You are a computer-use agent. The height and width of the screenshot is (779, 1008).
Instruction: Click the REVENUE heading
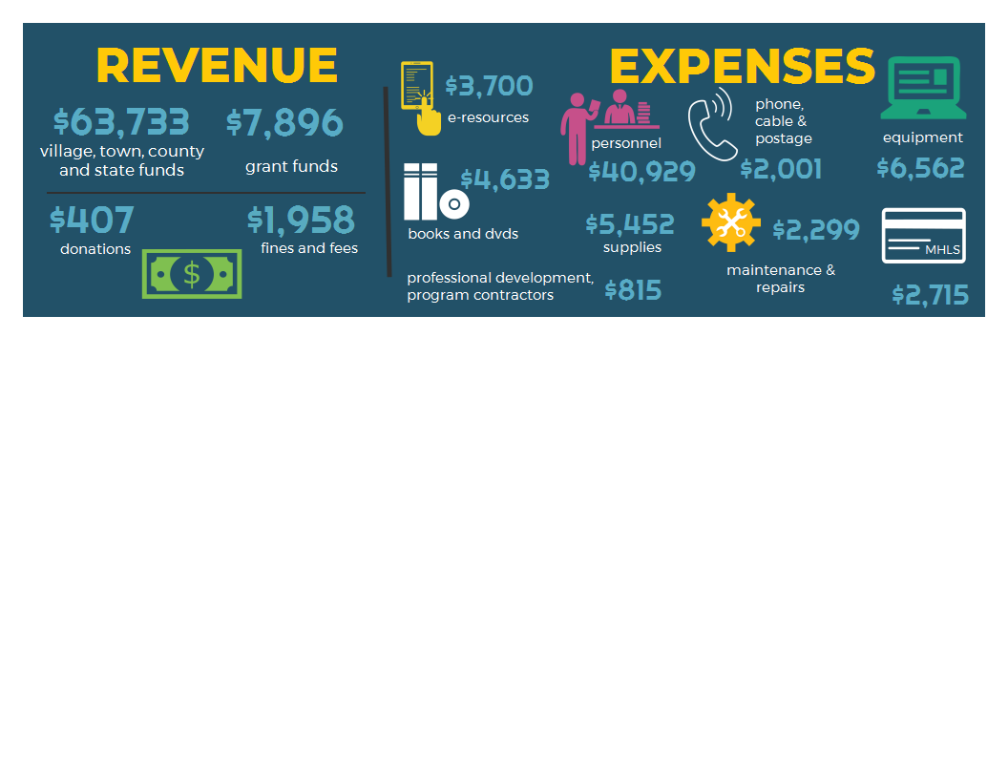[x=217, y=66]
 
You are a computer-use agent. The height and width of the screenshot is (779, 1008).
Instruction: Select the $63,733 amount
[x=121, y=122]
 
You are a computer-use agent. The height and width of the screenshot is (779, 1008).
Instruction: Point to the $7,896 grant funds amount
[x=284, y=123]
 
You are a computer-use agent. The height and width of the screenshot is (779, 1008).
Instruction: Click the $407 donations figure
[x=92, y=220]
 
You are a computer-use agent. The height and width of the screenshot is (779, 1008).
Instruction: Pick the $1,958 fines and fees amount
[x=301, y=220]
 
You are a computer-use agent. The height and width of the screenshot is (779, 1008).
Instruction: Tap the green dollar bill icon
[x=192, y=274]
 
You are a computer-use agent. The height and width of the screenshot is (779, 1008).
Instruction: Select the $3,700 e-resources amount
[x=489, y=86]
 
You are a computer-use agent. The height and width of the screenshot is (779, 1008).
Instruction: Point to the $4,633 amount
[x=505, y=179]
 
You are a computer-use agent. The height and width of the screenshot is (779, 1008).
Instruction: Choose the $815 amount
[x=633, y=290]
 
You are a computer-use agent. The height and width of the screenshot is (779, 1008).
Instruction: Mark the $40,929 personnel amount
[x=641, y=172]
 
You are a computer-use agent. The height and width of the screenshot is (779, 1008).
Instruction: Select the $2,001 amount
[x=781, y=170]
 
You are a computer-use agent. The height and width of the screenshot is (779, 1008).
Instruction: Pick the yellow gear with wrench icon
[x=731, y=222]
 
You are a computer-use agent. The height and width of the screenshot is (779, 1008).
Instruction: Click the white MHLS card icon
[x=923, y=235]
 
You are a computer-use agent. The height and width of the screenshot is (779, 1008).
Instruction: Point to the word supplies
[x=632, y=248]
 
